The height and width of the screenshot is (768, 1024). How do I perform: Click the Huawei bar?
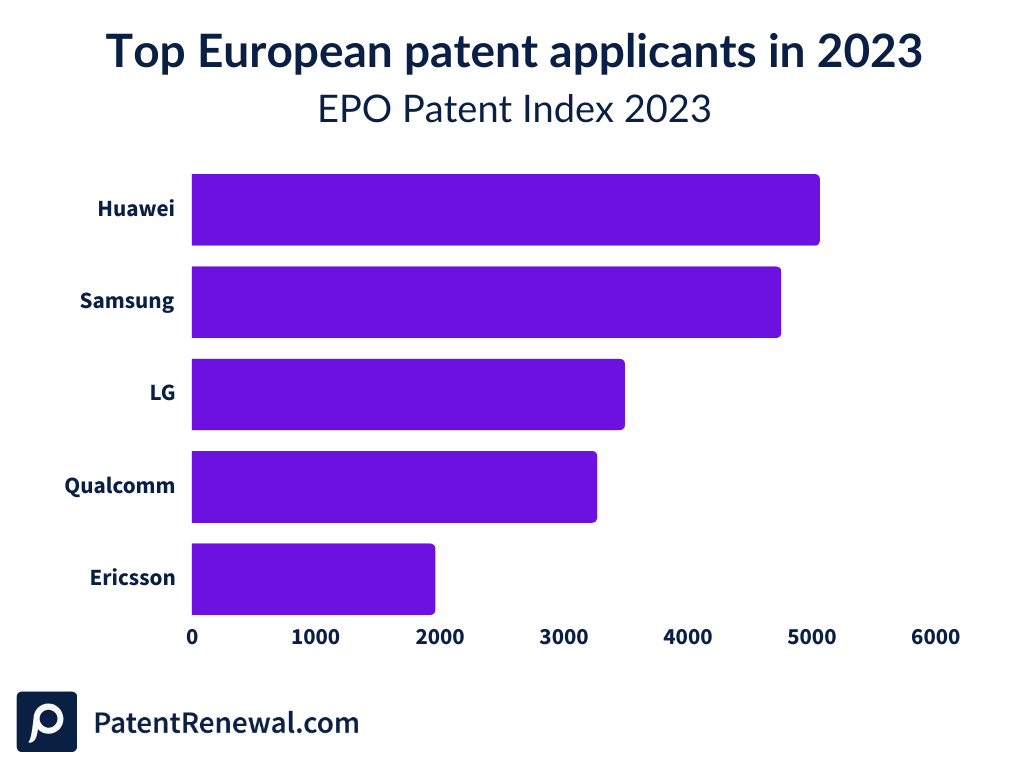pyautogui.click(x=505, y=210)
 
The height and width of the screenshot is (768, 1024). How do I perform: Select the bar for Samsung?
pyautogui.click(x=486, y=302)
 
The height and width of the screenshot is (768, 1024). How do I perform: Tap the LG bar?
pyautogui.click(x=408, y=394)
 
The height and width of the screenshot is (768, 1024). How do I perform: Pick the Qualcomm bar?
pyautogui.click(x=394, y=486)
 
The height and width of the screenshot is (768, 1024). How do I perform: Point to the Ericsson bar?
pyautogui.click(x=313, y=578)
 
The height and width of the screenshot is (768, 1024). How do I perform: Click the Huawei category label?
pyautogui.click(x=136, y=209)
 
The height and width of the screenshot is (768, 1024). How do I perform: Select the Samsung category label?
pyautogui.click(x=127, y=301)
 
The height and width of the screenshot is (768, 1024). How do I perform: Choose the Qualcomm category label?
pyautogui.click(x=120, y=486)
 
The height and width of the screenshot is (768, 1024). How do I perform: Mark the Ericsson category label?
pyautogui.click(x=132, y=578)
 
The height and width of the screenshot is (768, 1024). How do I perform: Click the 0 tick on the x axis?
pyautogui.click(x=192, y=637)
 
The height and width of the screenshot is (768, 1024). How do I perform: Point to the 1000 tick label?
pyautogui.click(x=315, y=637)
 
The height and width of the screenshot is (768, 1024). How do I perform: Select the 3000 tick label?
pyautogui.click(x=563, y=637)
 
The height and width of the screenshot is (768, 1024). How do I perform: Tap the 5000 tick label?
pyautogui.click(x=811, y=637)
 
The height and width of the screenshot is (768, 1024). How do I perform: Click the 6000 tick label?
pyautogui.click(x=935, y=637)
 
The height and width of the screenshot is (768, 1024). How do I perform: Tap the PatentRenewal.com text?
pyautogui.click(x=226, y=722)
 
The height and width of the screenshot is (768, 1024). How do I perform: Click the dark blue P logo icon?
pyautogui.click(x=47, y=721)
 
